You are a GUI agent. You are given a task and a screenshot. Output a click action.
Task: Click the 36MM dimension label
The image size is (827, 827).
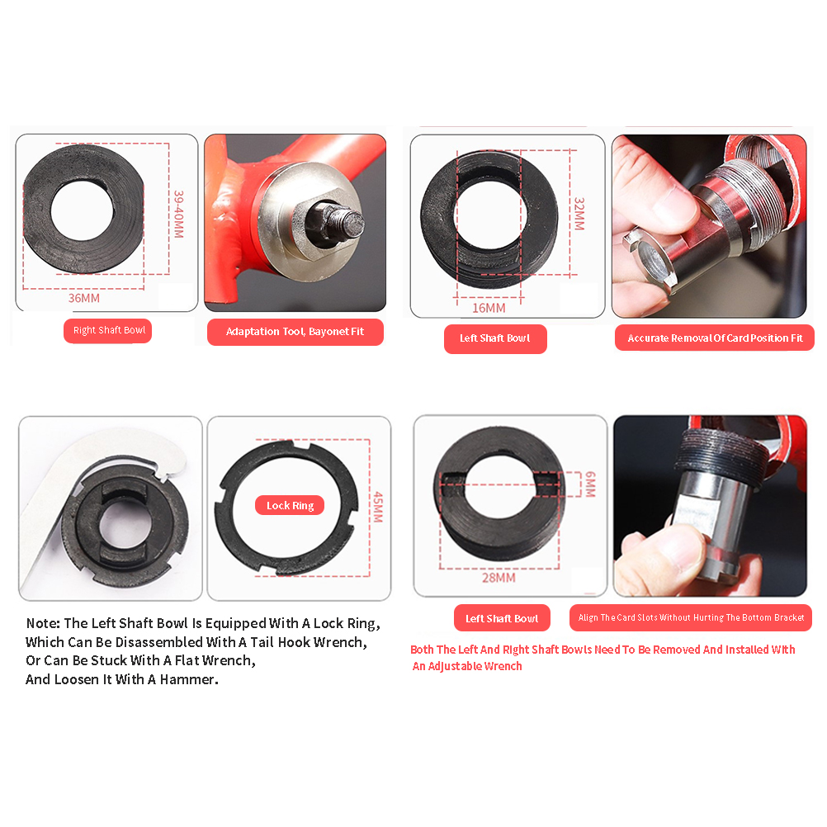pos(84,298)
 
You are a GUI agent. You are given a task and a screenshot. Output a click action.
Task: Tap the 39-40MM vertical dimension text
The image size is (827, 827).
pos(179,214)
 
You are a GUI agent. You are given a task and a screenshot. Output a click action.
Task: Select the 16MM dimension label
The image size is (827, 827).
pos(489,308)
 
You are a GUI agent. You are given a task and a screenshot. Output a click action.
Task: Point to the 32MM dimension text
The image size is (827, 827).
pos(579,214)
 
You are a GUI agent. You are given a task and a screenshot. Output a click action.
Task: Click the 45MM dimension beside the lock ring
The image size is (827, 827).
pos(378,508)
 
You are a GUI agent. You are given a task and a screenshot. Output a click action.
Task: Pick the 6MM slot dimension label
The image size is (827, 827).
pos(590,484)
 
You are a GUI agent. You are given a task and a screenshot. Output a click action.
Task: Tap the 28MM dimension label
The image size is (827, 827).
pos(499,578)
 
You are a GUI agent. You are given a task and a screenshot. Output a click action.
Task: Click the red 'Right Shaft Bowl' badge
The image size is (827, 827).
pos(107,331)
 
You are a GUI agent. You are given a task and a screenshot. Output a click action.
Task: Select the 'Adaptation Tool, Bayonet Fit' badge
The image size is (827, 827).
pos(295,332)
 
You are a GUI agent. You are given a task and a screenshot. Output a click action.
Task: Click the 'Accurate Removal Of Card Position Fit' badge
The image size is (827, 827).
pos(715,338)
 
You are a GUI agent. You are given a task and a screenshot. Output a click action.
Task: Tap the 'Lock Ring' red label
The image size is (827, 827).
pos(290,505)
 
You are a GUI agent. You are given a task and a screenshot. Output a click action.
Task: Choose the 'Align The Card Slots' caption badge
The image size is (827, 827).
pos(691,617)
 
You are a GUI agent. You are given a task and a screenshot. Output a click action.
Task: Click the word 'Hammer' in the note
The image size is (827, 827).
pos(188,679)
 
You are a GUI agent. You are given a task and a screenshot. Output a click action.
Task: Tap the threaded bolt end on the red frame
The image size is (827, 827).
pos(348,223)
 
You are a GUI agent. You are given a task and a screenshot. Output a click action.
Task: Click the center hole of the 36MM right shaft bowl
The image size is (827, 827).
pos(83,210)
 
